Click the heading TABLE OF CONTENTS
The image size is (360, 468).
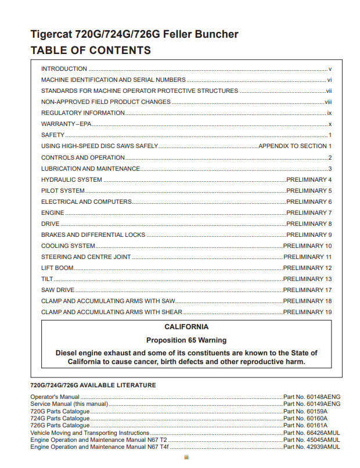[90, 50]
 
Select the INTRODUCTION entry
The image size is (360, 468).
[64, 69]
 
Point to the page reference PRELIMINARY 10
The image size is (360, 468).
[307, 246]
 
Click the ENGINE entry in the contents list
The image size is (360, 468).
[52, 213]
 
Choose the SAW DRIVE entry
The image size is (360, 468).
[57, 290]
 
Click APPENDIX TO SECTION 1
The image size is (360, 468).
[295, 146]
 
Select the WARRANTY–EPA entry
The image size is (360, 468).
[66, 124]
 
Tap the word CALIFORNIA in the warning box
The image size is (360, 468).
[186, 327]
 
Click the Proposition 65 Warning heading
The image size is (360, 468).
[186, 340]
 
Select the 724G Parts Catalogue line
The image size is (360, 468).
[60, 418]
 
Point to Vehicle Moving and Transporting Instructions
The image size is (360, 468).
[89, 433]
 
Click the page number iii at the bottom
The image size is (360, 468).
[186, 458]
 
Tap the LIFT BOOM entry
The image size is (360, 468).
[57, 268]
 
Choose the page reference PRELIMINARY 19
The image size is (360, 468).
[307, 312]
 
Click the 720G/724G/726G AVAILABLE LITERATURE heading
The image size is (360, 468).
[93, 385]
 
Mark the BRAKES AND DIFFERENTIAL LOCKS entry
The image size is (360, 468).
[93, 235]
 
